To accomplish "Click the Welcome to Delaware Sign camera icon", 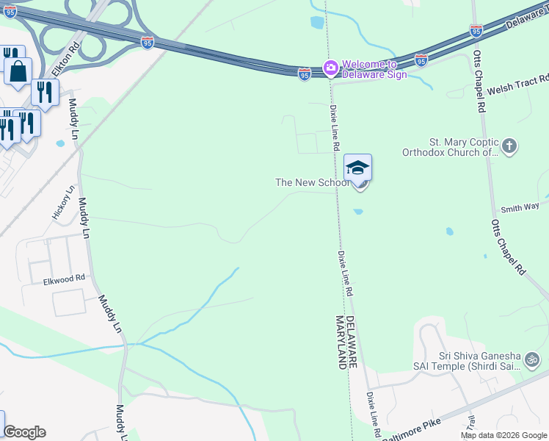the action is tap(330, 69).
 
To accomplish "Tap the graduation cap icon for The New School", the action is tap(357, 168).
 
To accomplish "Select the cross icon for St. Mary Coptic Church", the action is tap(511, 146).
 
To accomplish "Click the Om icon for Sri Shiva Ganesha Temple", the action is tap(532, 360).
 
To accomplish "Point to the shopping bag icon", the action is tap(18, 72).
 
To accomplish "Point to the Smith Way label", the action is tap(520, 209).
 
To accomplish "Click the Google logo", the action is tap(24, 432).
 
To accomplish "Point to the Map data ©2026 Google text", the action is tap(503, 435).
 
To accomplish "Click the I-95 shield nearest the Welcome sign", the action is tap(305, 74).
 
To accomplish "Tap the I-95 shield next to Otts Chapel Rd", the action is tap(476, 31).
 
